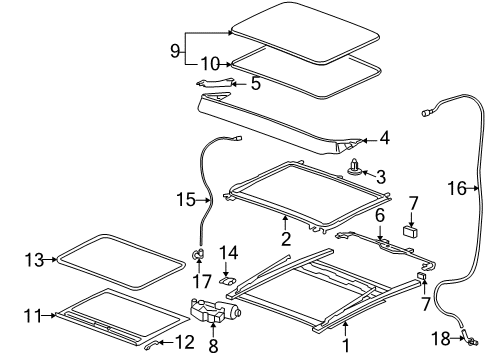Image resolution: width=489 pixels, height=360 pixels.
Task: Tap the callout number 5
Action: click(255, 85)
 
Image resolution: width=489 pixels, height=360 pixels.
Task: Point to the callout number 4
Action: click(385, 140)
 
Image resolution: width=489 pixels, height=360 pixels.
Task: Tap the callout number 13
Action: click(32, 261)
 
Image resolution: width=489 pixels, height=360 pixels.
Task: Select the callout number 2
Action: click(286, 240)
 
